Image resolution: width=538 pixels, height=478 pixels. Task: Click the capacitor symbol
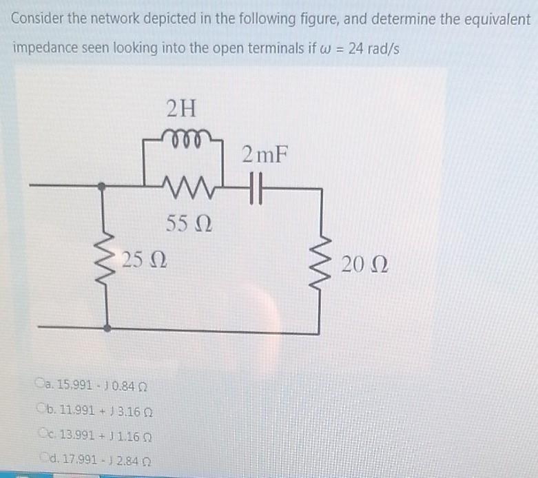coord(259,187)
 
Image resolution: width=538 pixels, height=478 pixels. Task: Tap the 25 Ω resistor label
coord(142,262)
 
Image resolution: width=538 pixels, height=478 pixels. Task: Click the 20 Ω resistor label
coord(366,265)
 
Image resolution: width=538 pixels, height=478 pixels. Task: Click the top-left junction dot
coord(102,187)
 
